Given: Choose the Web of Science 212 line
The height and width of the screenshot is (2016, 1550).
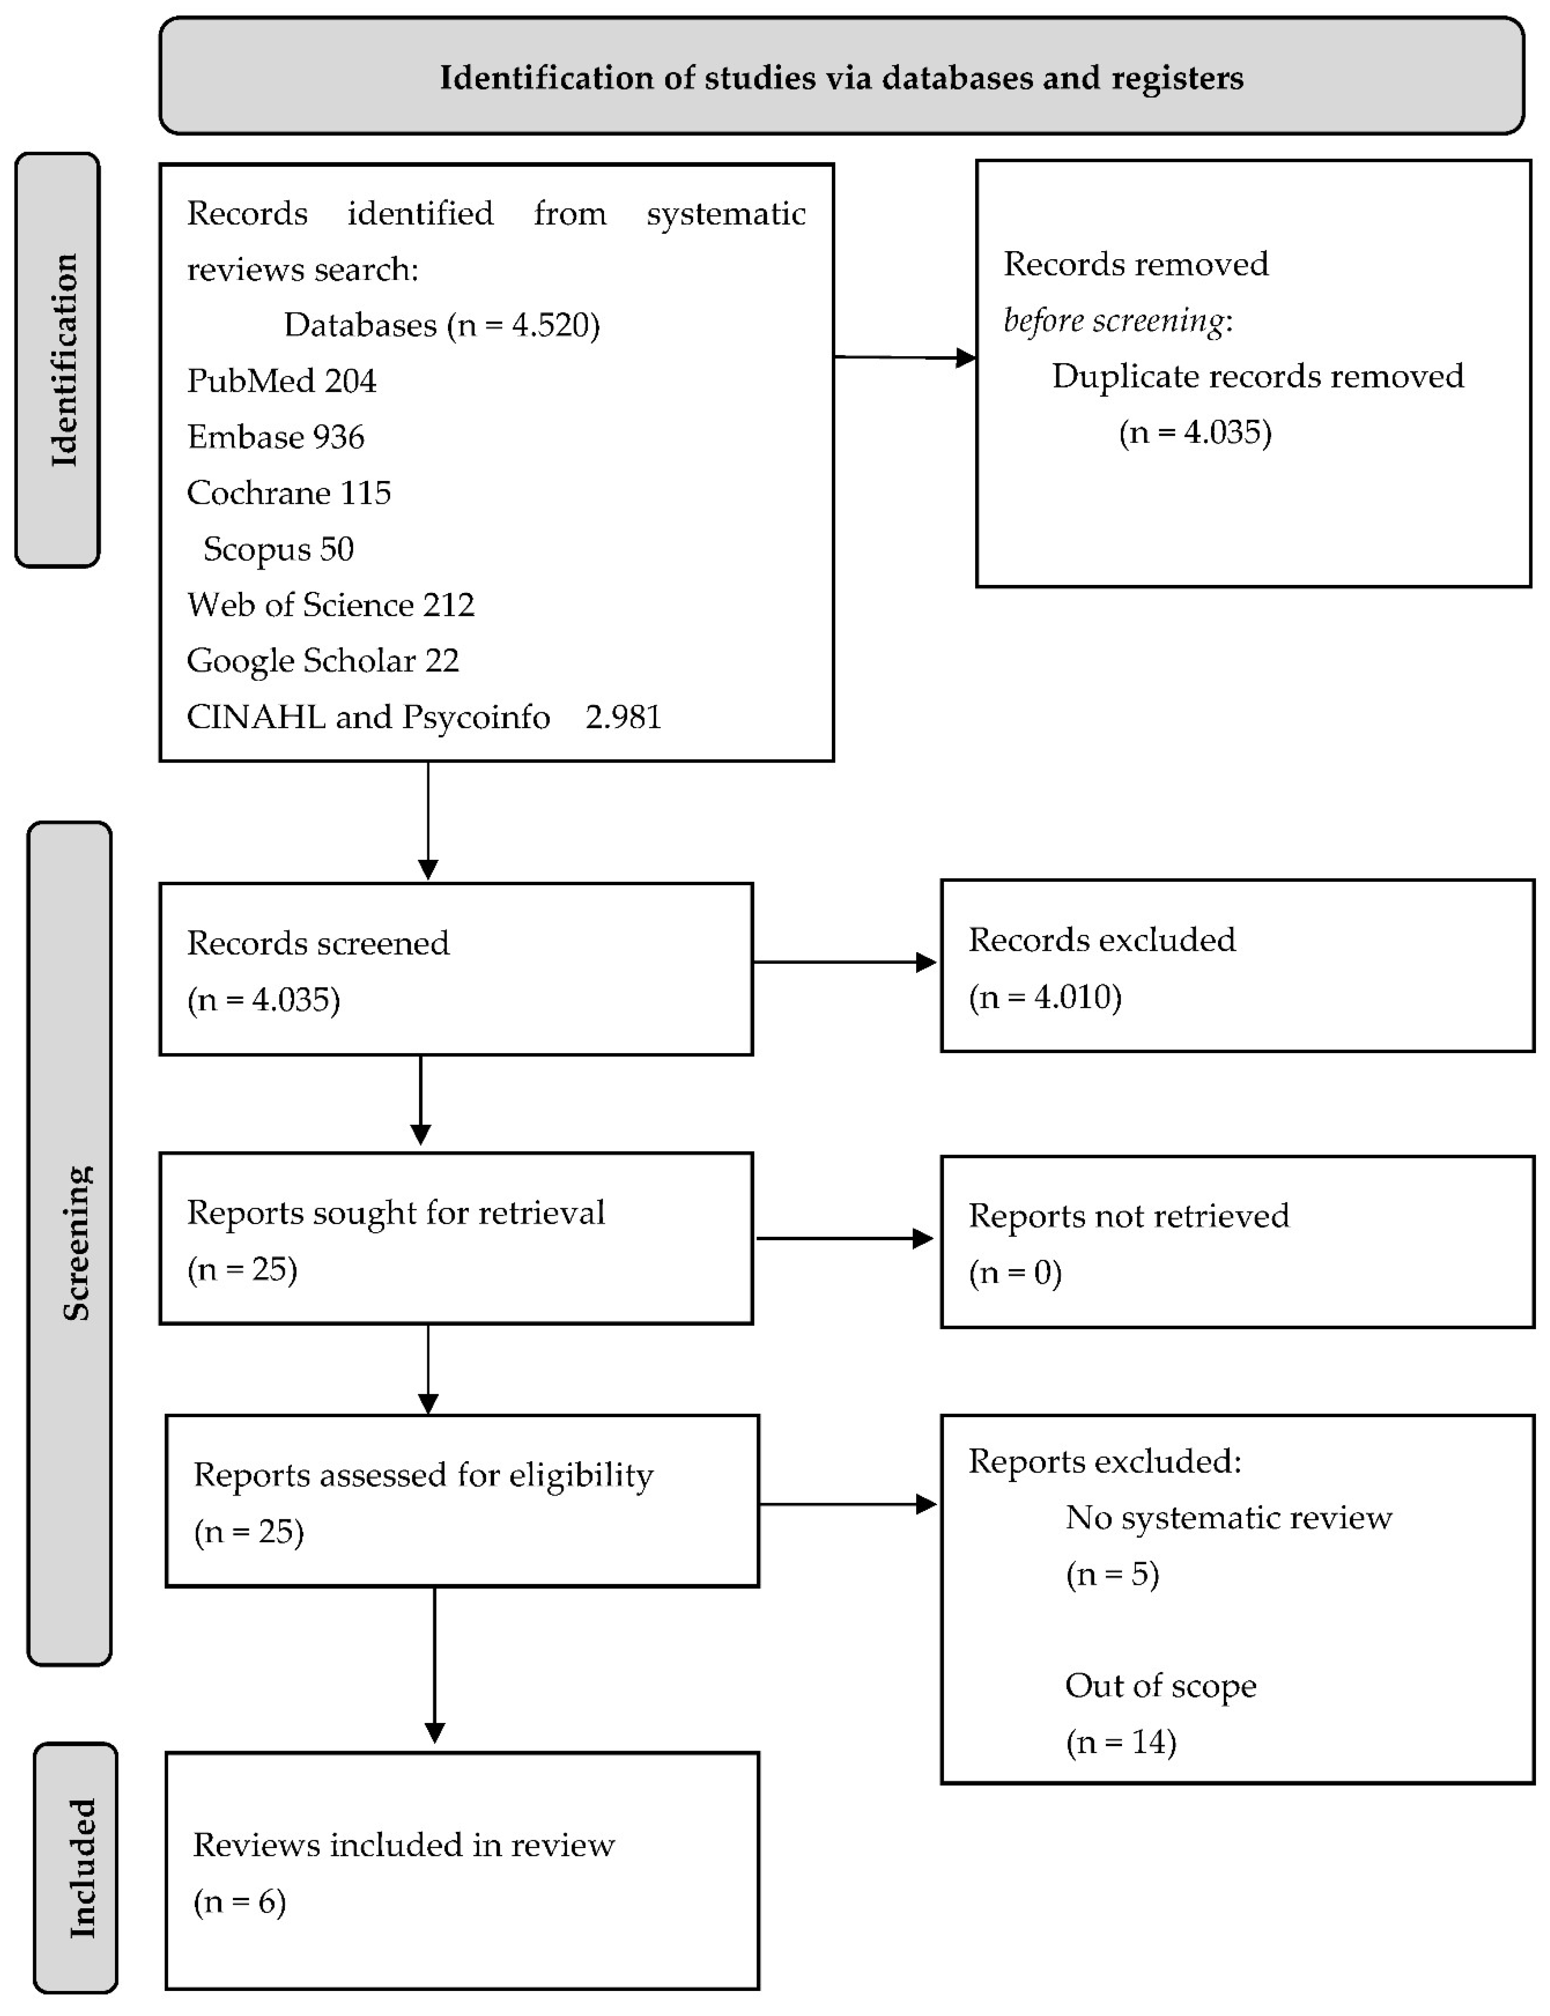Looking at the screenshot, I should click(x=330, y=604).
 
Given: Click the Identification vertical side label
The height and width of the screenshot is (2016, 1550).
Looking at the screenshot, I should click(x=63, y=360).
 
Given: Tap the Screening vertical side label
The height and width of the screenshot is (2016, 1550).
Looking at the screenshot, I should click(x=76, y=1243).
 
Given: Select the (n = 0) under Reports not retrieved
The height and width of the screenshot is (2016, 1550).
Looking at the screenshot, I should click(x=1015, y=1272).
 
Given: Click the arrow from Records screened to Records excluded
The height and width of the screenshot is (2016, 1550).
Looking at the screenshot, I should click(x=844, y=962).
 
